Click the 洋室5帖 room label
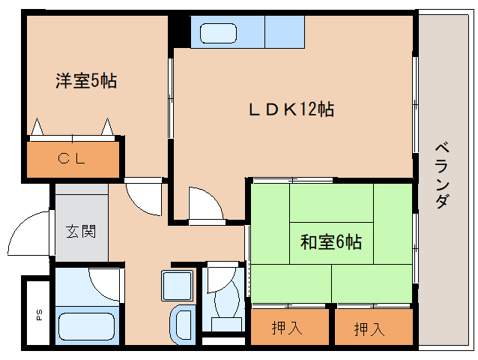click(x=86, y=81)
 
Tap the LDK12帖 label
click(x=291, y=109)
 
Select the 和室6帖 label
click(x=331, y=242)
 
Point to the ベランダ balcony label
click(x=442, y=175)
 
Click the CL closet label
click(x=72, y=159)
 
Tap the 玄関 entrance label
click(x=81, y=231)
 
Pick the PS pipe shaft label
click(x=40, y=315)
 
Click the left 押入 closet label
click(x=287, y=328)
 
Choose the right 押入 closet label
click(x=369, y=329)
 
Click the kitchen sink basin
click(x=218, y=34)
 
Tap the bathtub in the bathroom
click(x=87, y=326)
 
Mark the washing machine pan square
click(x=177, y=286)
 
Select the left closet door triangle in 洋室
click(x=37, y=127)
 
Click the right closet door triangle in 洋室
click(x=107, y=127)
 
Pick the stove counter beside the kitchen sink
click(x=285, y=32)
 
